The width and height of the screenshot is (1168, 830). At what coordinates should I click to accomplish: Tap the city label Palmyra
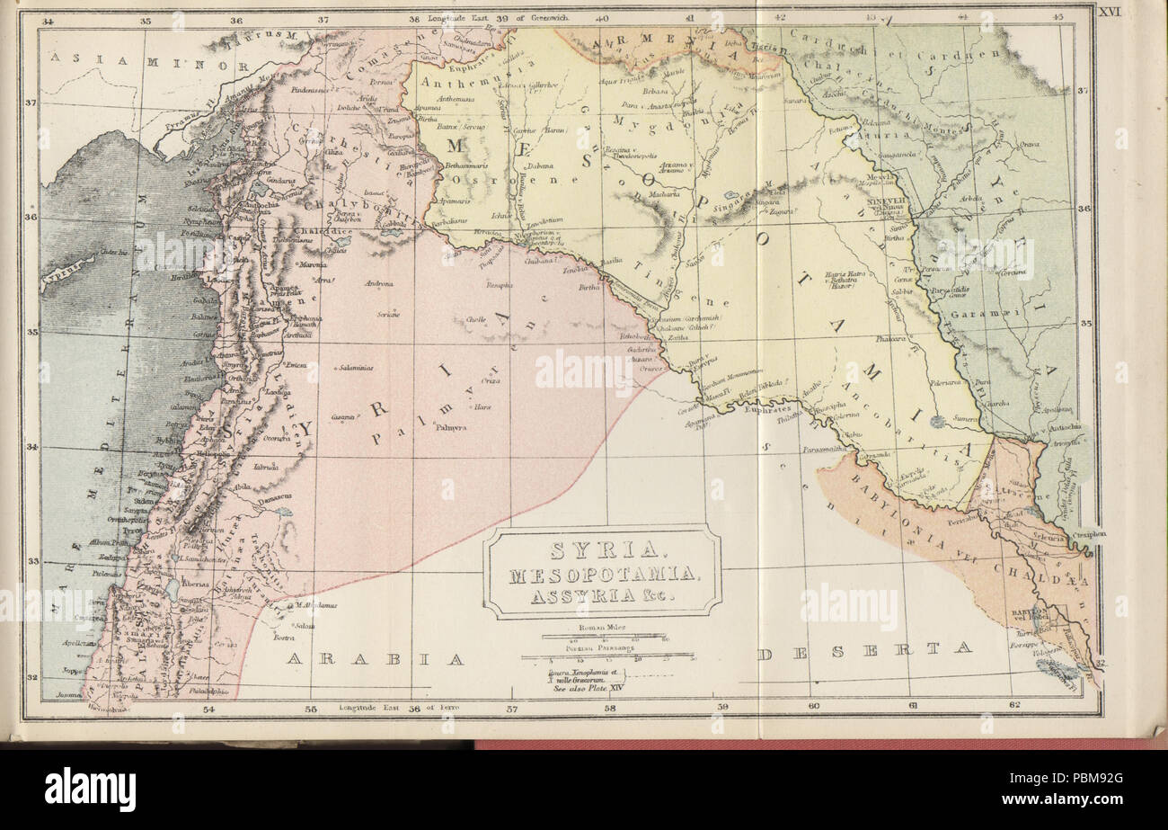click(x=452, y=428)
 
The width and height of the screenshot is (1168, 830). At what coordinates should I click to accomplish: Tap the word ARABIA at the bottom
click(x=375, y=659)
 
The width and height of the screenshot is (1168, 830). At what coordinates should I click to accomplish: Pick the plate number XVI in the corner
click(x=1109, y=11)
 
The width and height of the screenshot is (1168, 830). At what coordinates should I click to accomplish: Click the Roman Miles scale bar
click(x=601, y=635)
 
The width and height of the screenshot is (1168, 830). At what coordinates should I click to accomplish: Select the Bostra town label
click(x=284, y=638)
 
